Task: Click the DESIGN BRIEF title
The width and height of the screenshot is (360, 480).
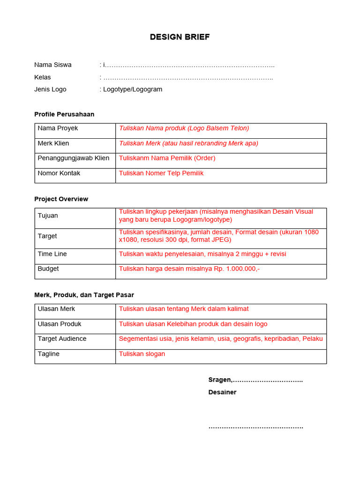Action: (x=180, y=37)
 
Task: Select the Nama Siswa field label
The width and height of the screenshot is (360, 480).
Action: (x=53, y=65)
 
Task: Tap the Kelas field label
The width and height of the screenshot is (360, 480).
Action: (x=43, y=77)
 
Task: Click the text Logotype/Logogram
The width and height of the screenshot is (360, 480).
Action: (x=133, y=89)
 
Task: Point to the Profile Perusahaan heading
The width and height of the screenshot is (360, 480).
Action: (x=64, y=114)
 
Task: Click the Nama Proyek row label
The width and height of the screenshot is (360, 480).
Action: (x=58, y=128)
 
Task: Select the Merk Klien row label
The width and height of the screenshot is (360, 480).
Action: (x=53, y=143)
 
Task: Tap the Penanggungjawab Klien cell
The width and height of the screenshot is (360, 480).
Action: (x=74, y=158)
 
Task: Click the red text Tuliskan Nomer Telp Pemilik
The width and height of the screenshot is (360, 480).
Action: (x=161, y=173)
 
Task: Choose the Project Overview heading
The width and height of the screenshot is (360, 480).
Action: (x=61, y=199)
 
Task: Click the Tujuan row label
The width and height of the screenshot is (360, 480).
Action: (x=48, y=216)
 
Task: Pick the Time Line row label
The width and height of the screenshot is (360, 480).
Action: (x=52, y=254)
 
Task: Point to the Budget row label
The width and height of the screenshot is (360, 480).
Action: (x=48, y=269)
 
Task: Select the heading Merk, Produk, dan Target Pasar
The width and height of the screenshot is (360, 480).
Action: (x=84, y=295)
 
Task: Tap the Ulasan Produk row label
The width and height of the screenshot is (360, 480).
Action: (x=60, y=324)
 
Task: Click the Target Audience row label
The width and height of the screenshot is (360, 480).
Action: (x=62, y=338)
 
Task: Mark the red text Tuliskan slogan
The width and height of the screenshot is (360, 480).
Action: (x=142, y=353)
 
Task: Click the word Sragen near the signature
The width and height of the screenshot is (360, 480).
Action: (x=219, y=380)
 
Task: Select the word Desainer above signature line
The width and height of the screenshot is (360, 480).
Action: (x=223, y=392)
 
